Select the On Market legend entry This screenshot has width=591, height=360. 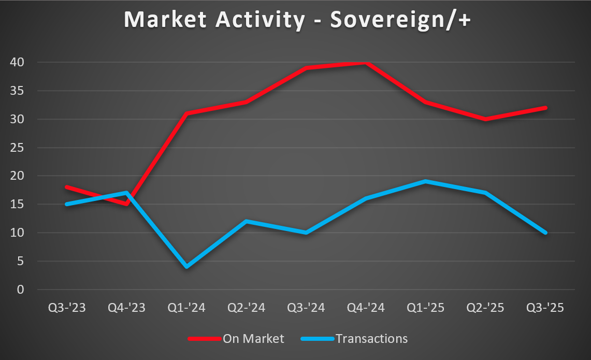(x=253, y=339)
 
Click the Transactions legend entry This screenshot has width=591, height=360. (x=371, y=339)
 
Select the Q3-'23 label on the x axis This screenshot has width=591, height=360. (x=67, y=308)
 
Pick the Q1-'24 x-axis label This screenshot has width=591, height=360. (x=186, y=308)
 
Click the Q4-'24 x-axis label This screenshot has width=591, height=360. (x=366, y=308)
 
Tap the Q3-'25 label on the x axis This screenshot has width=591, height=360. (x=545, y=308)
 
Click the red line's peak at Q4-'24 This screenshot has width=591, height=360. (x=366, y=63)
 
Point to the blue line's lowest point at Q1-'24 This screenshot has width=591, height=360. (x=186, y=267)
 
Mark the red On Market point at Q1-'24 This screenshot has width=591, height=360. (x=186, y=113)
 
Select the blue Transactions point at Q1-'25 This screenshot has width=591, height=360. (x=425, y=182)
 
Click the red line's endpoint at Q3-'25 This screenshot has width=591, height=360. (x=545, y=108)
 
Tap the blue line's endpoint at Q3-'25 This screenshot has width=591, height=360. (x=545, y=233)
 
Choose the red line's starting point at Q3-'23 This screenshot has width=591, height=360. (x=67, y=187)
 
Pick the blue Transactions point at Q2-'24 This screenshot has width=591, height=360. (x=246, y=221)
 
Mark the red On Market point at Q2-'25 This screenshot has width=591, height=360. (x=485, y=119)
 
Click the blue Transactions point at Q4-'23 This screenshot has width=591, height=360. (x=126, y=193)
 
